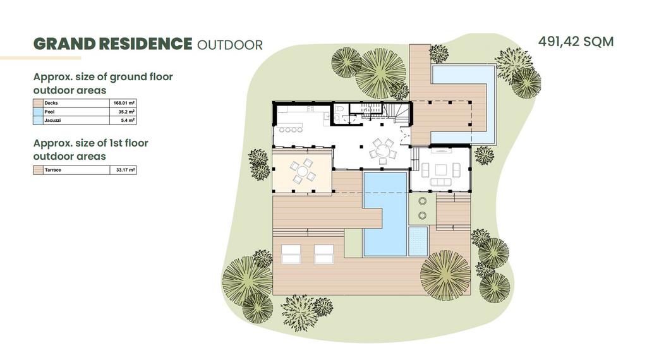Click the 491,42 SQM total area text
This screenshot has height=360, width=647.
[x=576, y=42]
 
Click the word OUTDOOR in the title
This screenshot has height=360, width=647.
[x=230, y=45]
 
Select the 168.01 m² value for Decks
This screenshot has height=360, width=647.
[x=124, y=103]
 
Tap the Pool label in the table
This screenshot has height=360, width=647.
[x=49, y=112]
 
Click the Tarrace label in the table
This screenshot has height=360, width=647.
[x=53, y=170]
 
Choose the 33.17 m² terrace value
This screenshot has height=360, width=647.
[x=126, y=170]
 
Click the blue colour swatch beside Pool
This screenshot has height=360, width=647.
[x=38, y=112]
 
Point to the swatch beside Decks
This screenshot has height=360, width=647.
[x=38, y=103]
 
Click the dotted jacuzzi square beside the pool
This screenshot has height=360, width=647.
[x=418, y=241]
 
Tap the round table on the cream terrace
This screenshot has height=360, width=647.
[x=303, y=171]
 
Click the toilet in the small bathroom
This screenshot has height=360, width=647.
[x=339, y=108]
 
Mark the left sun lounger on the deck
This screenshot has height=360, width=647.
[x=291, y=254]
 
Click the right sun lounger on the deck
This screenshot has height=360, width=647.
[x=324, y=254]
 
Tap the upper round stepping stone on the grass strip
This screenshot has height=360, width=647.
[x=422, y=201]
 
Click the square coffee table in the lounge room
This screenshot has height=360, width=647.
[x=440, y=169]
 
